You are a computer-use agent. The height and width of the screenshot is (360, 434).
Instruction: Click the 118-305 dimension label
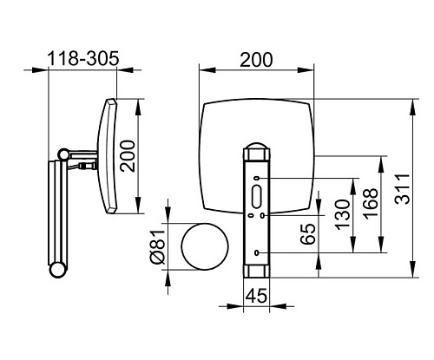tap(83, 58)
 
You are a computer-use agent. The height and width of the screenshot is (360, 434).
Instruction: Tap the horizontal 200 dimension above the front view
tap(256, 60)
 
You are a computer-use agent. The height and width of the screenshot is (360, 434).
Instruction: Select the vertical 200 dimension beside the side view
tap(128, 156)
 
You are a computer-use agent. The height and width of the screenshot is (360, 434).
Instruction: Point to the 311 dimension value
tap(403, 189)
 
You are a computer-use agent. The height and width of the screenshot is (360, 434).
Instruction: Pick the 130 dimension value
tap(343, 215)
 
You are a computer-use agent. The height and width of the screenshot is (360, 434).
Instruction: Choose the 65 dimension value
tap(308, 234)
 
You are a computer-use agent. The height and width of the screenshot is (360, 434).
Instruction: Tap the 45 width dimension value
tap(256, 296)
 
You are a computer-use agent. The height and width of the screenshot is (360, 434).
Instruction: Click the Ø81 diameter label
tap(158, 247)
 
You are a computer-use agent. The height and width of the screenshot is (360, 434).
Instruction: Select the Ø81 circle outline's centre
tap(205, 246)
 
